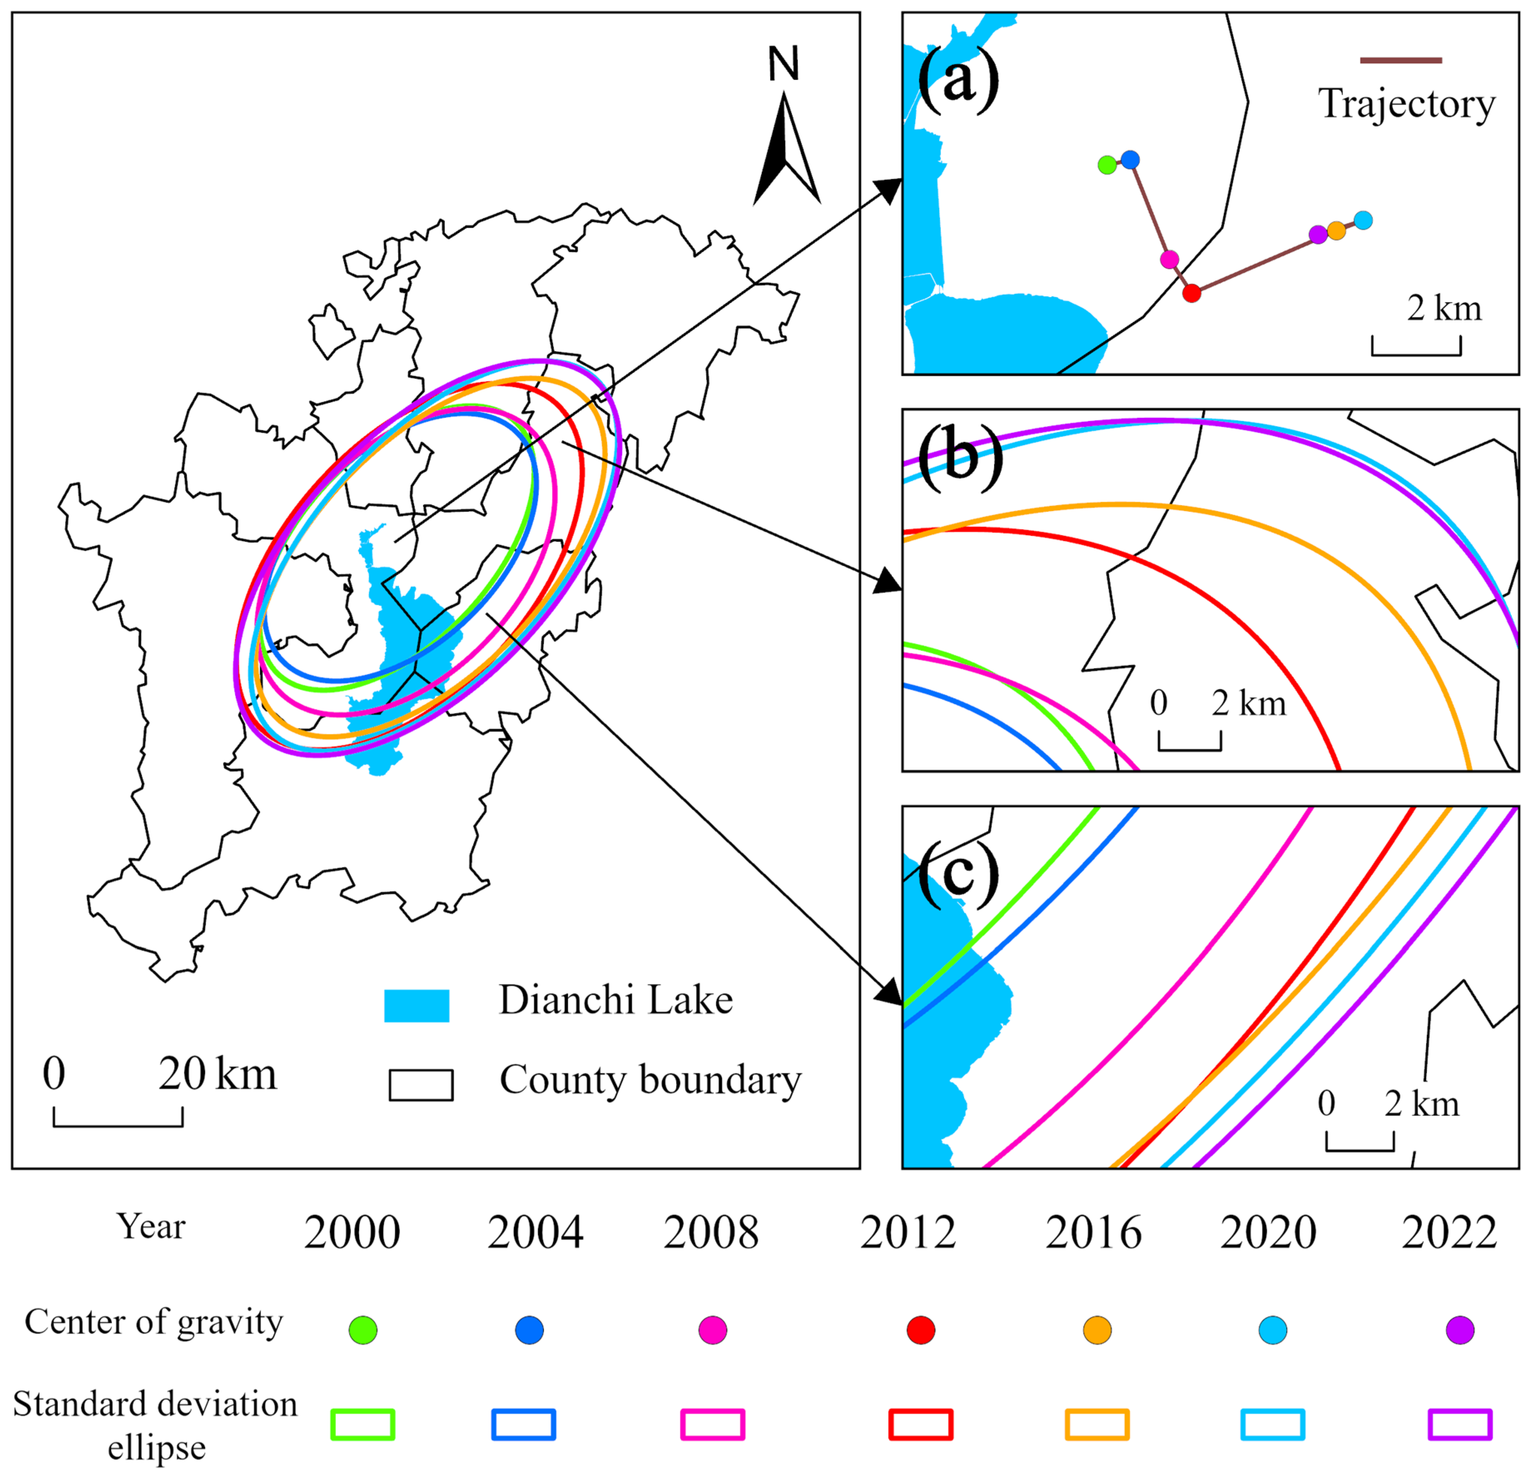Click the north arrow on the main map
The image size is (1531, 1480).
tap(786, 149)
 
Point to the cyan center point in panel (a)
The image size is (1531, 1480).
tap(1363, 220)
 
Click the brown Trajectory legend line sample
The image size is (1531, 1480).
tap(1401, 60)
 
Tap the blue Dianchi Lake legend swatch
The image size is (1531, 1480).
tap(416, 1006)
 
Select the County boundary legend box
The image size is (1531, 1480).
tap(421, 1085)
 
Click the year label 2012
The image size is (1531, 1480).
tap(908, 1233)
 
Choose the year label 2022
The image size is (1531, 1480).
tap(1449, 1233)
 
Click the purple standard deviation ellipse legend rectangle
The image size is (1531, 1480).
tap(1459, 1424)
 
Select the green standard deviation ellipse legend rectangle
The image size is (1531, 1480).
tap(362, 1424)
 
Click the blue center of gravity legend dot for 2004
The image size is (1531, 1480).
tap(530, 1330)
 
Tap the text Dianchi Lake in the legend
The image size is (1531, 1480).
tap(615, 1000)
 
